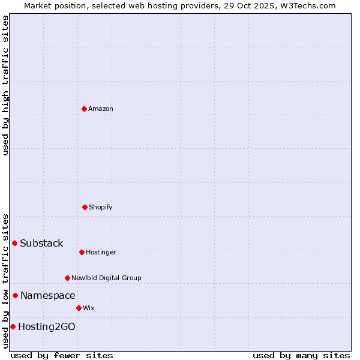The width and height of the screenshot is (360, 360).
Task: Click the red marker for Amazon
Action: pyautogui.click(x=84, y=109)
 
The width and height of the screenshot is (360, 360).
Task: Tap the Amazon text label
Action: pyautogui.click(x=101, y=109)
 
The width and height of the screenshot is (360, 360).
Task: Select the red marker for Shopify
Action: pyautogui.click(x=85, y=207)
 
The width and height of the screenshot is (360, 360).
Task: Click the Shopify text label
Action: pyautogui.click(x=101, y=207)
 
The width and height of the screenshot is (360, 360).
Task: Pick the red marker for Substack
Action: pyautogui.click(x=14, y=243)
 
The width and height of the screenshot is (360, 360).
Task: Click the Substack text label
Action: pyautogui.click(x=41, y=243)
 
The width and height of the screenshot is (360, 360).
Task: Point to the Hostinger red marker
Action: pyautogui.click(x=82, y=252)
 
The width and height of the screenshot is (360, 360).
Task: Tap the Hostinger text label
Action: pyautogui.click(x=101, y=252)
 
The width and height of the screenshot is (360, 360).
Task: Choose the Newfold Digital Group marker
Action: pyautogui.click(x=67, y=278)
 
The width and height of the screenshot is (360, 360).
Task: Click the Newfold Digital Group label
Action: pyautogui.click(x=106, y=278)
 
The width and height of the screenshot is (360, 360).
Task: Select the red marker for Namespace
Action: pyautogui.click(x=15, y=295)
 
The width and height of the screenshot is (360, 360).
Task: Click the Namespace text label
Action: pyautogui.click(x=48, y=295)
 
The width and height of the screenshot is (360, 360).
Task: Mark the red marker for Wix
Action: pyautogui.click(x=79, y=308)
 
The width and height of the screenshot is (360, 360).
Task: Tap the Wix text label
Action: pyautogui.click(x=89, y=308)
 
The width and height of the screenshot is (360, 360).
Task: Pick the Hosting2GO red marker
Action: pyautogui.click(x=13, y=326)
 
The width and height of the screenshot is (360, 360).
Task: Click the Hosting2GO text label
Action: pyautogui.click(x=47, y=326)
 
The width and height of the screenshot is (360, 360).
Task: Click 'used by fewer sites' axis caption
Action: pyautogui.click(x=62, y=355)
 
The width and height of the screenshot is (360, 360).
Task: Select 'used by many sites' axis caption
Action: pyautogui.click(x=301, y=355)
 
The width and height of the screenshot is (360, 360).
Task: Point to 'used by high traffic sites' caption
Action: pyautogui.click(x=5, y=85)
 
